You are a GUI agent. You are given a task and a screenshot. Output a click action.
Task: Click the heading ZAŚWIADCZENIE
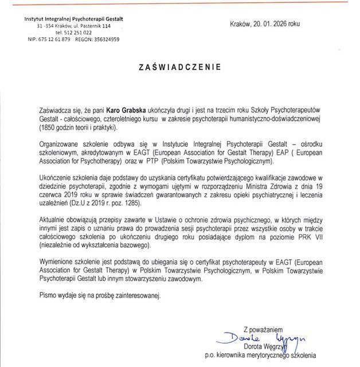pos(179,67)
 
